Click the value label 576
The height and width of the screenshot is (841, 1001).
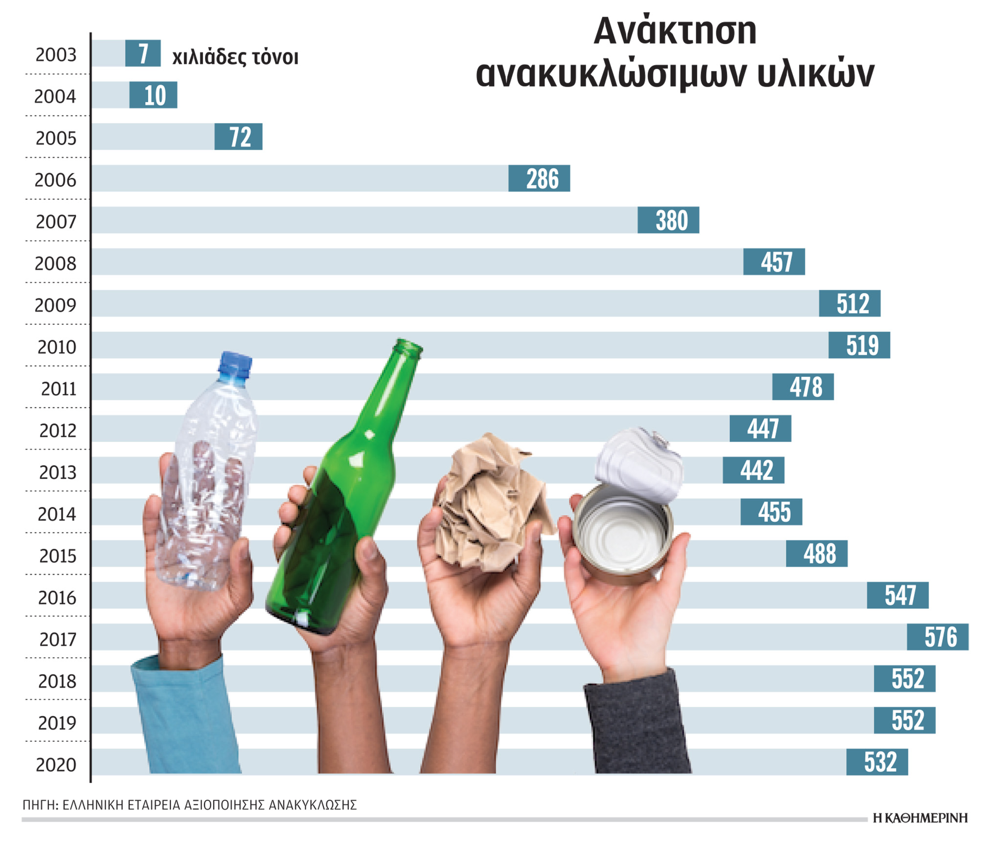[x=937, y=637]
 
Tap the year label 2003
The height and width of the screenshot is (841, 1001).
[x=56, y=54]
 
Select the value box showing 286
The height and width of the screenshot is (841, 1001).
[x=539, y=178]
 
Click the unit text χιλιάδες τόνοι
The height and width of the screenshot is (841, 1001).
[x=235, y=57]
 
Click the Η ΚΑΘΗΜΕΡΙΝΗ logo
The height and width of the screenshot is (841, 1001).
[x=920, y=818]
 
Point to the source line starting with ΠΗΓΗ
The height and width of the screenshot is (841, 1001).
[x=189, y=805]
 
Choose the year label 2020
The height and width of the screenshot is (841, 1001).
[x=56, y=765]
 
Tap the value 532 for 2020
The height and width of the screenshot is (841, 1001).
[x=877, y=762]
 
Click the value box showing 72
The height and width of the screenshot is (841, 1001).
[x=238, y=137]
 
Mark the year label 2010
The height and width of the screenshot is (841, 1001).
[x=57, y=347]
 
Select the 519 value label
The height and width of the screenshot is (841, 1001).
[x=859, y=345]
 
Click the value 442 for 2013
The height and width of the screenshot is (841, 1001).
[x=753, y=470]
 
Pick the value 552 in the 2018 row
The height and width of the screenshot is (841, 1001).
[x=905, y=678]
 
